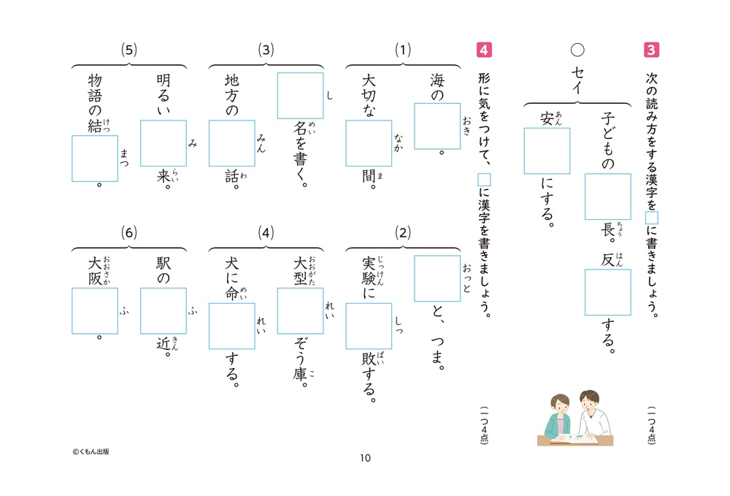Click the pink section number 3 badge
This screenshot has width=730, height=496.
click(x=652, y=50)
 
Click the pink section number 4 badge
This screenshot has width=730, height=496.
click(x=483, y=50)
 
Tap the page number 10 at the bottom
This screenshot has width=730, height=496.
click(x=365, y=458)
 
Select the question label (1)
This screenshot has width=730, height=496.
click(x=403, y=50)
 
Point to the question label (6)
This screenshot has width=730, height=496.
click(x=128, y=233)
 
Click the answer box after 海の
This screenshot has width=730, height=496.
click(x=437, y=126)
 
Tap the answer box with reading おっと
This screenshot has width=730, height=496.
click(x=437, y=278)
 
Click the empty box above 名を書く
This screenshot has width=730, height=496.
click(x=300, y=96)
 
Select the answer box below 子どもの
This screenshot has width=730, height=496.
click(x=607, y=197)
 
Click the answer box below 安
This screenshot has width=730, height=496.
click(x=547, y=151)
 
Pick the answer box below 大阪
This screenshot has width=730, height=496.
click(x=95, y=310)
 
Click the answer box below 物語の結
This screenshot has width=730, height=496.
click(x=95, y=159)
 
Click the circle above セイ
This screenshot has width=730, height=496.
click(x=577, y=50)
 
